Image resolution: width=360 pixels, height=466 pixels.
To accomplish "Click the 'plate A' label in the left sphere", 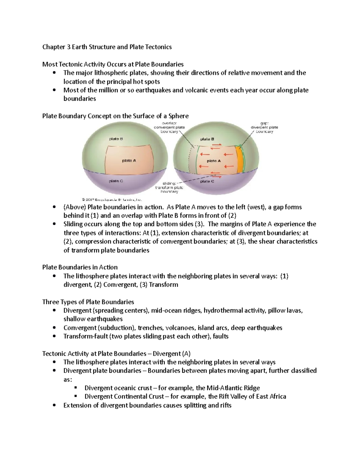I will [x=129, y=161].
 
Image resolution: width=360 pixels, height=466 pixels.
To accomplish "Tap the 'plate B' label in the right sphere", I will [x=207, y=139].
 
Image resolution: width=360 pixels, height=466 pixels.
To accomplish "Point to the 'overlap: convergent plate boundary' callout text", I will [x=169, y=127].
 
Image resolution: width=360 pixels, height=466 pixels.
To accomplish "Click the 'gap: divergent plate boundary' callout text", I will [x=264, y=127].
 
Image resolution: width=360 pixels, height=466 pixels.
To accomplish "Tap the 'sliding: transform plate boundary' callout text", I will [x=169, y=187].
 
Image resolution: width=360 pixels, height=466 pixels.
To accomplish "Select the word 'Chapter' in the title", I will [x=53, y=47].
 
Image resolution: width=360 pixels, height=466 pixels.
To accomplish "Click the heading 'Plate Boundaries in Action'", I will [x=80, y=267].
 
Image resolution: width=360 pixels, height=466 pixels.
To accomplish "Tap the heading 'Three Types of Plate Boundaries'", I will [x=88, y=302].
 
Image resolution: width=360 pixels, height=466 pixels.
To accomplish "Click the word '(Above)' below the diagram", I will [x=75, y=207].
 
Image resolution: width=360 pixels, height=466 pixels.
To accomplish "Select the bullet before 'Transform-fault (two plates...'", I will [x=54, y=336].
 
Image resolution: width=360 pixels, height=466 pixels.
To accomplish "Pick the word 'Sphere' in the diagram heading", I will [x=178, y=116].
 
